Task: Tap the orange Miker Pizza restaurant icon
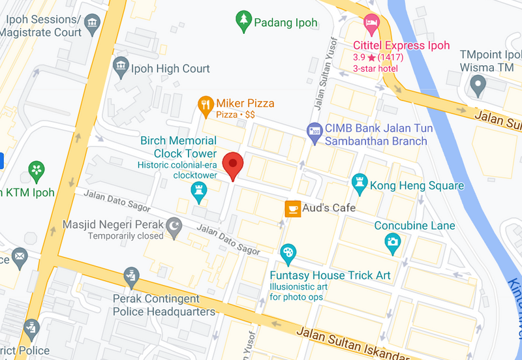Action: [x=206, y=104]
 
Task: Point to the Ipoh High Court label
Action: [x=171, y=68]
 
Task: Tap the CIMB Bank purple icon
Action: [x=315, y=130]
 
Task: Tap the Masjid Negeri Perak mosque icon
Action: [x=174, y=226]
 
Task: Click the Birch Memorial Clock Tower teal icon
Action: [x=199, y=190]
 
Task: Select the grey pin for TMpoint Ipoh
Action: [x=478, y=83]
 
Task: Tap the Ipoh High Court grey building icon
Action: [x=121, y=65]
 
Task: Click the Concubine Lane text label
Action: [x=414, y=226]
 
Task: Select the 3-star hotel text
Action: [x=376, y=68]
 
